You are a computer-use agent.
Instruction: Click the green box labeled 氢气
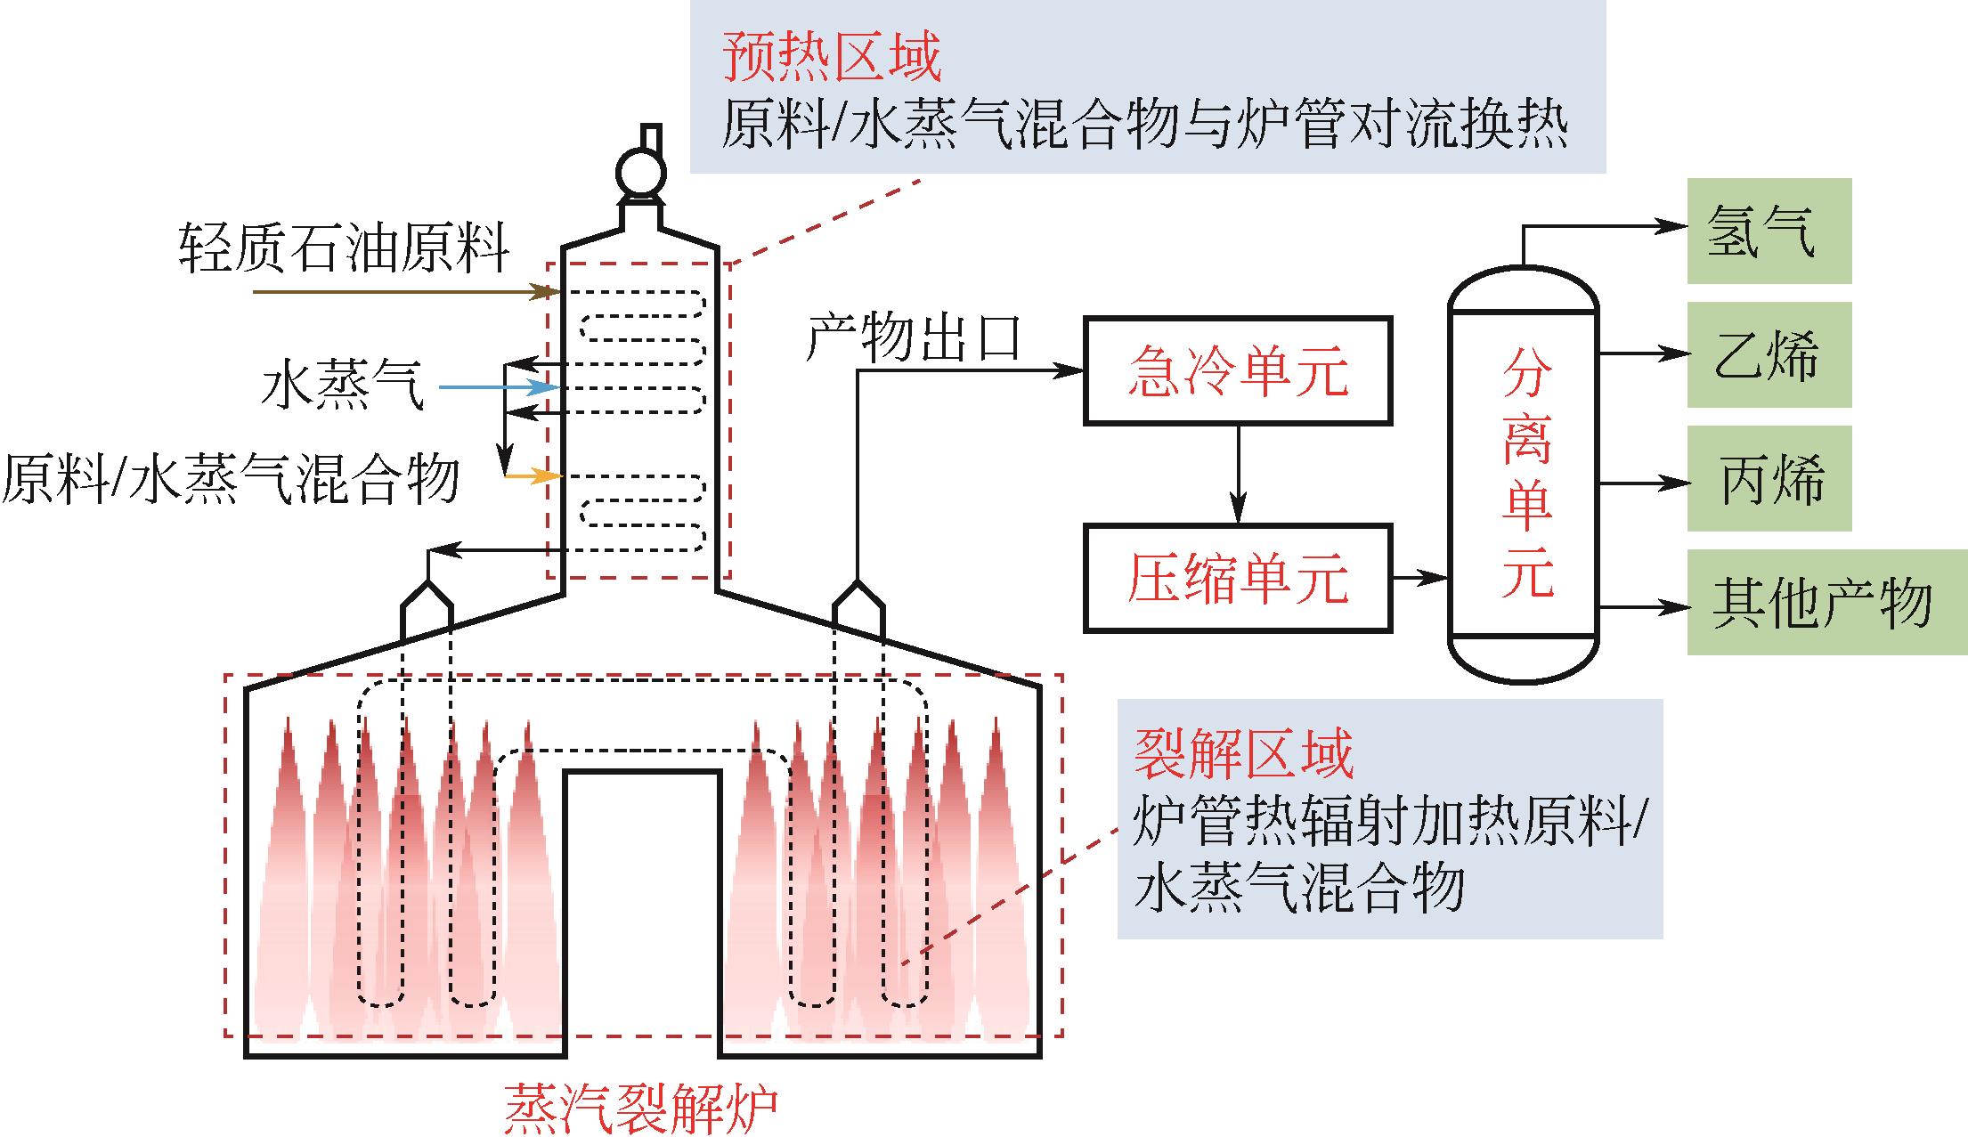pyautogui.click(x=1769, y=231)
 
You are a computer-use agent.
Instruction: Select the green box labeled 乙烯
pyautogui.click(x=1769, y=354)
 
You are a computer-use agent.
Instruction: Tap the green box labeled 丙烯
pyautogui.click(x=1769, y=478)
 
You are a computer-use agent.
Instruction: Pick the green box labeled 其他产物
pyautogui.click(x=1826, y=603)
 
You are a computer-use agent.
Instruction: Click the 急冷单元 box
pyautogui.click(x=1237, y=370)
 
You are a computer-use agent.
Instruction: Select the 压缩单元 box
pyautogui.click(x=1237, y=579)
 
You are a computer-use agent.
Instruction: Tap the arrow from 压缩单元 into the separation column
pyautogui.click(x=1420, y=579)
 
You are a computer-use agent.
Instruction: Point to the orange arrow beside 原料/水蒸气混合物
pyautogui.click(x=533, y=477)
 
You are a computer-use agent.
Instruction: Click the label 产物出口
pyautogui.click(x=913, y=337)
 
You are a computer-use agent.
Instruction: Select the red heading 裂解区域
pyautogui.click(x=1243, y=753)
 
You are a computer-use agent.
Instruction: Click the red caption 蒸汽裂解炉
pyautogui.click(x=640, y=1107)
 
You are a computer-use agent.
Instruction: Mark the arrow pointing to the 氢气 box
pyautogui.click(x=1603, y=227)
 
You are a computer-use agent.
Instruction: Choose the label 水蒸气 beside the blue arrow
pyautogui.click(x=342, y=388)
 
